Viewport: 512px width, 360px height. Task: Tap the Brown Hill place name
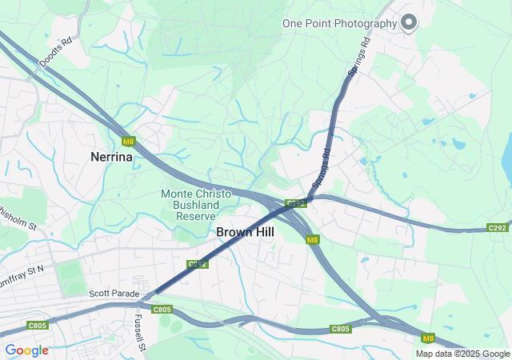pos(246,231)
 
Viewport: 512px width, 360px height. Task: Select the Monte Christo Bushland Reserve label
pos(196,205)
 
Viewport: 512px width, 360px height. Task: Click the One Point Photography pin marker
pos(409,22)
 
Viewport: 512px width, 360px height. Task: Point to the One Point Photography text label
pos(339,23)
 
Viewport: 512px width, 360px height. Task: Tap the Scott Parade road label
pos(114,294)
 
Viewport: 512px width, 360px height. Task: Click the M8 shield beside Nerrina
pos(128,142)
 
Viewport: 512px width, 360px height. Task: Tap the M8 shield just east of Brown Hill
pos(312,239)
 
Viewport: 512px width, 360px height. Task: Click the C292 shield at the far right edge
pos(498,228)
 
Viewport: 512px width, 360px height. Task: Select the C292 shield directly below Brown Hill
pos(198,263)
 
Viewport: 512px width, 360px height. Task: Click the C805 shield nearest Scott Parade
pos(162,309)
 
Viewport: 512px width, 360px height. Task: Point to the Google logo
pos(26,350)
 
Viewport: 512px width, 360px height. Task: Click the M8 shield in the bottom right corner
pos(428,337)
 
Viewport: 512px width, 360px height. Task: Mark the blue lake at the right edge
pos(506,157)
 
